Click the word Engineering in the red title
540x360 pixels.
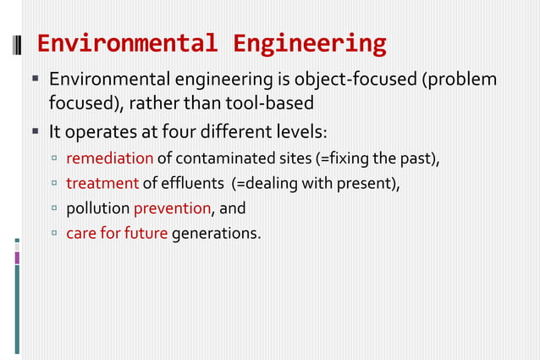(310, 42)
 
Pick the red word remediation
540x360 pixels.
(109, 158)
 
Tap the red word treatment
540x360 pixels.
(102, 183)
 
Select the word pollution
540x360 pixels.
(97, 208)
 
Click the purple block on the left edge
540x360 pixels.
(16, 258)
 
